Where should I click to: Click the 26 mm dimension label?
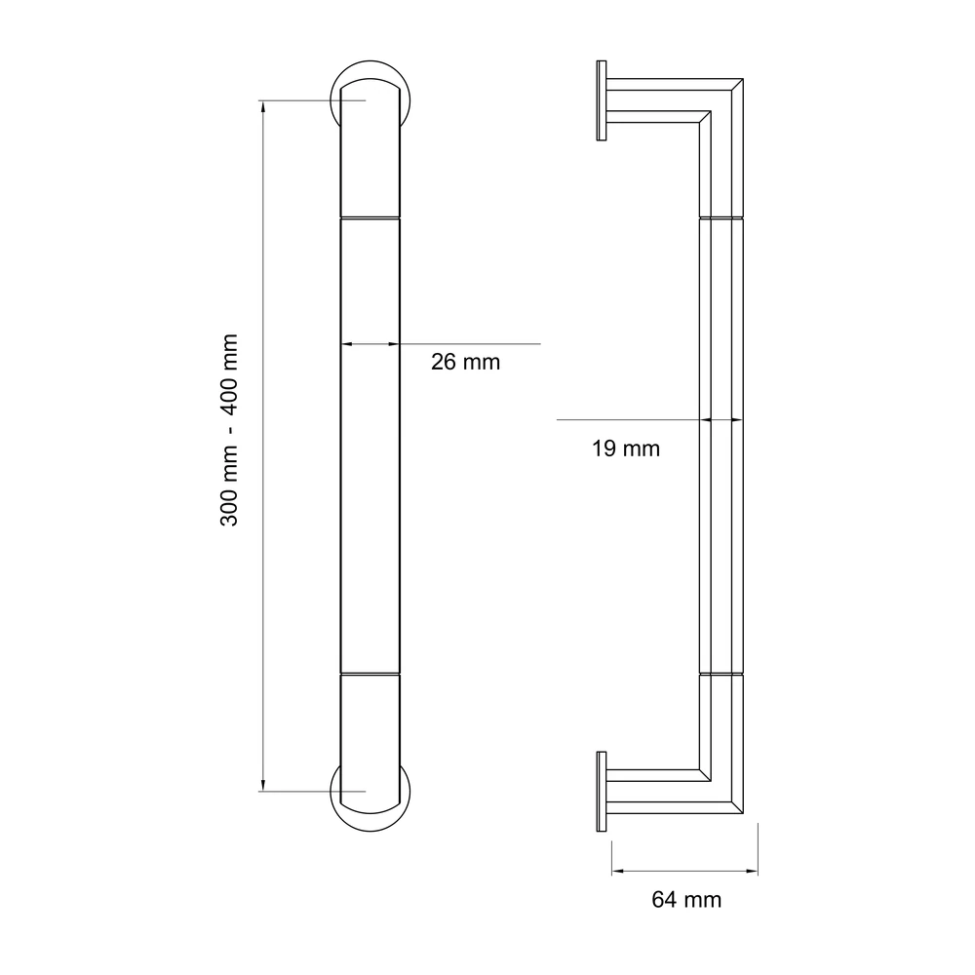(x=465, y=362)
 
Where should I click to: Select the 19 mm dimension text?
(x=626, y=448)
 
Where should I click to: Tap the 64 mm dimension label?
(x=686, y=900)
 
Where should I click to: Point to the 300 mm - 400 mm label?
(x=229, y=430)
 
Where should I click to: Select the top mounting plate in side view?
(x=602, y=100)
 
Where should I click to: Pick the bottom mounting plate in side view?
(x=602, y=792)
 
